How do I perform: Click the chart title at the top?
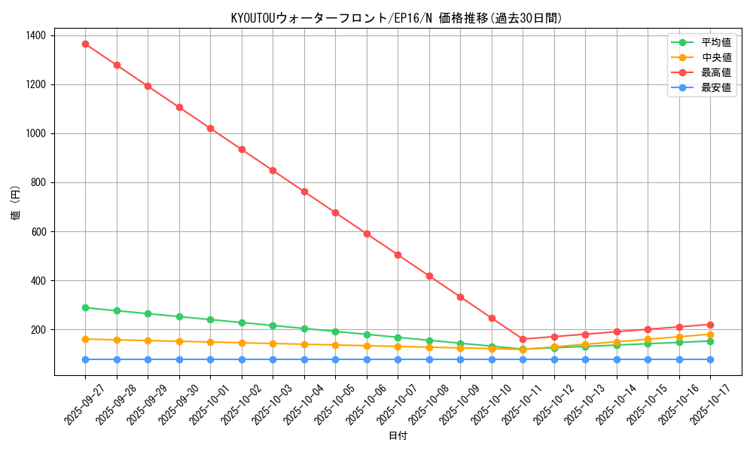[397, 18]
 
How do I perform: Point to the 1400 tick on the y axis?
[35, 35]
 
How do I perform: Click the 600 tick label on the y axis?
[38, 232]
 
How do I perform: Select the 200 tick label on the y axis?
[38, 330]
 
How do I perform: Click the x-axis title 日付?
[398, 436]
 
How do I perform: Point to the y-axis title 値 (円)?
[16, 203]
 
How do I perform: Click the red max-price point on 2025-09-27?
[85, 44]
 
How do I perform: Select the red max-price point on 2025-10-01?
[210, 128]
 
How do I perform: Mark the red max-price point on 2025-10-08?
[429, 276]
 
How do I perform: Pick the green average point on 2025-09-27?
[85, 307]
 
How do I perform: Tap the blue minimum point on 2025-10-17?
[710, 359]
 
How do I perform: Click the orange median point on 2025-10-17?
[710, 334]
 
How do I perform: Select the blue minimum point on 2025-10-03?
[273, 359]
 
